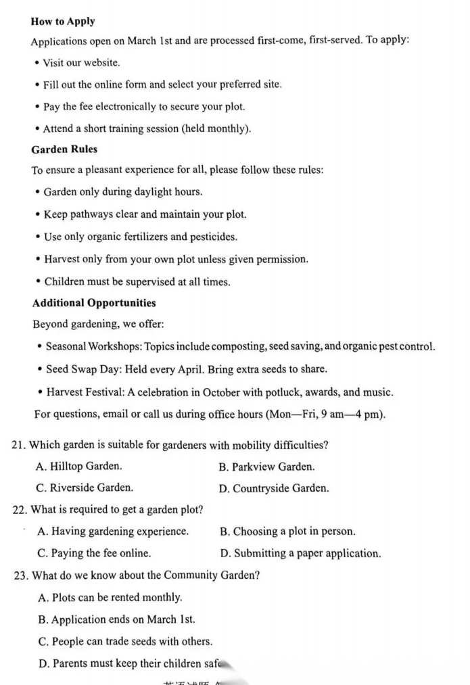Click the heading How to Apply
63,22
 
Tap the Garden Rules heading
64,149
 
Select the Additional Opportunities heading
94,303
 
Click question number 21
20,445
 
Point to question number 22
20,510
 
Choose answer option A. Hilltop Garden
79,467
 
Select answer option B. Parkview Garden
266,467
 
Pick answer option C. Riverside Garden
85,488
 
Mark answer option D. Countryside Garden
274,488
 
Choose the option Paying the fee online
94,553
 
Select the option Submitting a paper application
300,553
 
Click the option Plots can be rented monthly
110,598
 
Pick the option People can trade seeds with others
125,642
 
